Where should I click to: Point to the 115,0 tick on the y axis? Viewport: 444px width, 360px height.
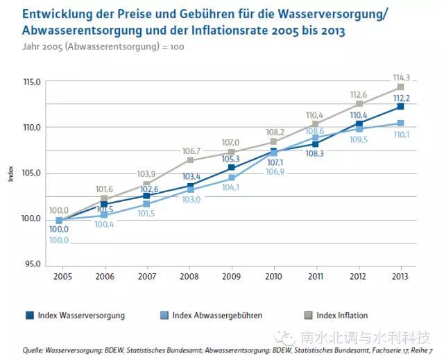[x=33, y=83]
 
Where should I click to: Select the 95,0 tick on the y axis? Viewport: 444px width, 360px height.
[x=33, y=264]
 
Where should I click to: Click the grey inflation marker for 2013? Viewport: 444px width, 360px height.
[x=400, y=87]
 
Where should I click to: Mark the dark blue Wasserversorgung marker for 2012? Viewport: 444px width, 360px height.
[x=359, y=123]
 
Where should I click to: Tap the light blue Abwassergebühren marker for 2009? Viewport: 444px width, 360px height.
[x=232, y=178]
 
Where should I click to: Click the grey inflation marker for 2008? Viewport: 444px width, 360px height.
[x=189, y=160]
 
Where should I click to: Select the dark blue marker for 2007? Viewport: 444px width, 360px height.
[x=147, y=196]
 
